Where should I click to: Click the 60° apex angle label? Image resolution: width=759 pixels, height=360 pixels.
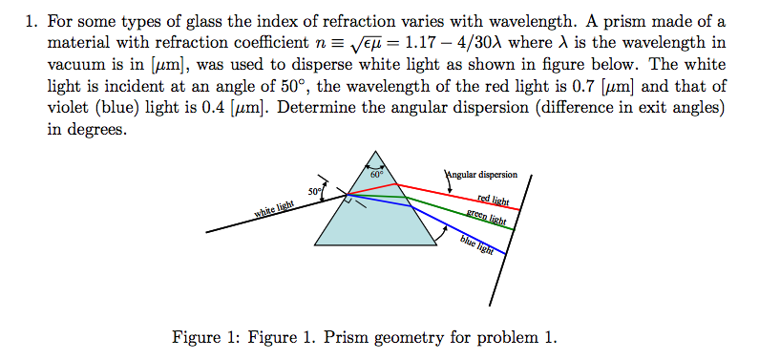pos(376,175)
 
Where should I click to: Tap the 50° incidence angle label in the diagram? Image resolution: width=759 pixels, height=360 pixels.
pos(314,193)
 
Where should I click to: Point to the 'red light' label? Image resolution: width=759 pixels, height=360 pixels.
pos(493,200)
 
